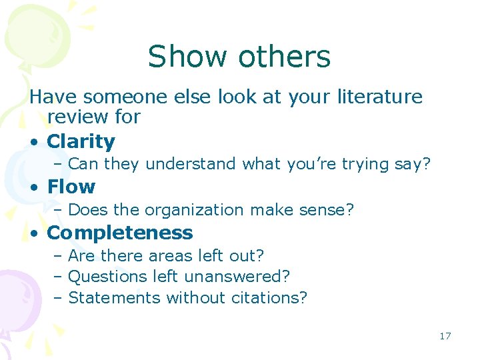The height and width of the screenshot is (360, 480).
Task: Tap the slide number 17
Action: [x=445, y=336]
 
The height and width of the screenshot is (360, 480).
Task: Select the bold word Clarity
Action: [x=81, y=141]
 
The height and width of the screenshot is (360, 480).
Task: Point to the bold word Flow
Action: [x=71, y=187]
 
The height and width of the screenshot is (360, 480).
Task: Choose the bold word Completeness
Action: [x=120, y=233]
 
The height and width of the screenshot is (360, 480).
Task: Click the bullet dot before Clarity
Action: [x=33, y=142]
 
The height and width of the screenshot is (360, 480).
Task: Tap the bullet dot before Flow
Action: [x=33, y=187]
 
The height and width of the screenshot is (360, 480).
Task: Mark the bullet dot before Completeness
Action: [x=33, y=233]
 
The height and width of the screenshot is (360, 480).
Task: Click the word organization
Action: [x=193, y=210]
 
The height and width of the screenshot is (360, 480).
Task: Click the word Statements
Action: [x=115, y=297]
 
